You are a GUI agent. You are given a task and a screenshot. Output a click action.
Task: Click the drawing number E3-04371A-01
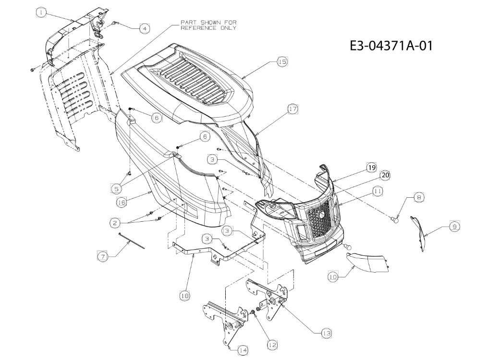click(391, 45)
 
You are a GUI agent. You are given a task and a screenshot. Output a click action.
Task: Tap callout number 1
click(41, 13)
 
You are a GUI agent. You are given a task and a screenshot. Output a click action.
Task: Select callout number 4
click(145, 28)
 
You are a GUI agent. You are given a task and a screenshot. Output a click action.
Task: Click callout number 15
click(282, 61)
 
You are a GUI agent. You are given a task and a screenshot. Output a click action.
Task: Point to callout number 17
click(292, 109)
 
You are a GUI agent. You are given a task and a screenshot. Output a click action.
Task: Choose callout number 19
click(371, 168)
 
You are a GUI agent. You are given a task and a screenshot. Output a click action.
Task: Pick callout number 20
click(385, 175)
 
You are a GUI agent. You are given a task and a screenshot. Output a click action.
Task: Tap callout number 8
click(419, 197)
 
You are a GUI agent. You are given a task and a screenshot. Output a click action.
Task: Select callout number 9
click(454, 227)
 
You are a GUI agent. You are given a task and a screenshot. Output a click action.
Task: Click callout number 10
click(333, 277)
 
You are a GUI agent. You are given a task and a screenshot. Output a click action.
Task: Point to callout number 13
click(326, 333)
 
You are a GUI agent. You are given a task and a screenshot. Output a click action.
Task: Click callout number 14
click(243, 350)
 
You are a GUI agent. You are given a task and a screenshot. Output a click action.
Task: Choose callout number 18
click(184, 296)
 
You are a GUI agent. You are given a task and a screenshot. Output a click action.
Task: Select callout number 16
click(122, 202)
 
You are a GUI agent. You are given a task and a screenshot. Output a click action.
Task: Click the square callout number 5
click(116, 189)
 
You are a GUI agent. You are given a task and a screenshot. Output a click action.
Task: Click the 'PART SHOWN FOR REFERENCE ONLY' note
click(208, 25)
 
